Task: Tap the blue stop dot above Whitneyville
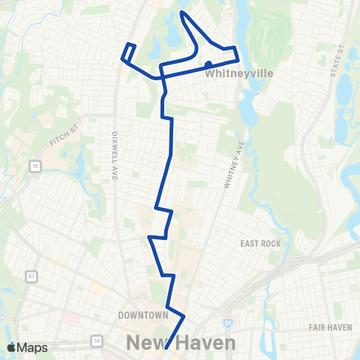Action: coord(209,64)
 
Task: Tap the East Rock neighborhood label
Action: coord(260,244)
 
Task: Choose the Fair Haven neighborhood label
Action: coord(330,328)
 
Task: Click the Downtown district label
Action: coord(142,315)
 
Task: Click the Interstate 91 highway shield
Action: coord(226,322)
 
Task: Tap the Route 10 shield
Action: coord(35,165)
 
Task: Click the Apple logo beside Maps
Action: coord(11,347)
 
